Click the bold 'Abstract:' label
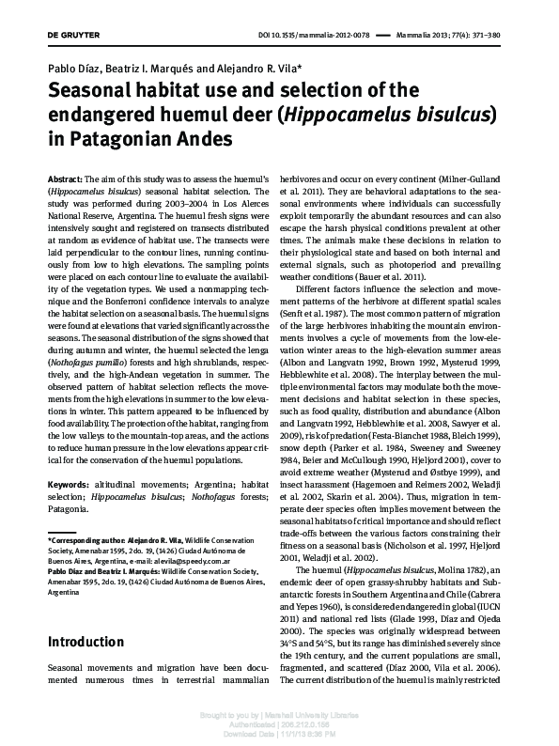[x=66, y=179]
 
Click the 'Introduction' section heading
[x=85, y=643]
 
